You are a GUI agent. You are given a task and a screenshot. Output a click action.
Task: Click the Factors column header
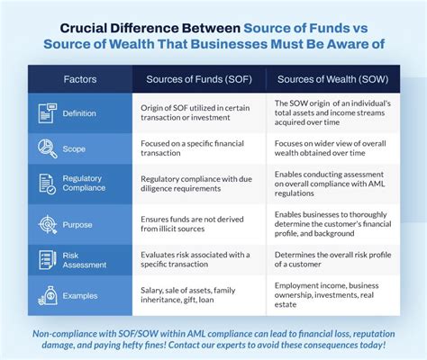pos(79,78)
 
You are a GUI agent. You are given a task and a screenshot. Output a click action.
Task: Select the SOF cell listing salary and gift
pos(198,296)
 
